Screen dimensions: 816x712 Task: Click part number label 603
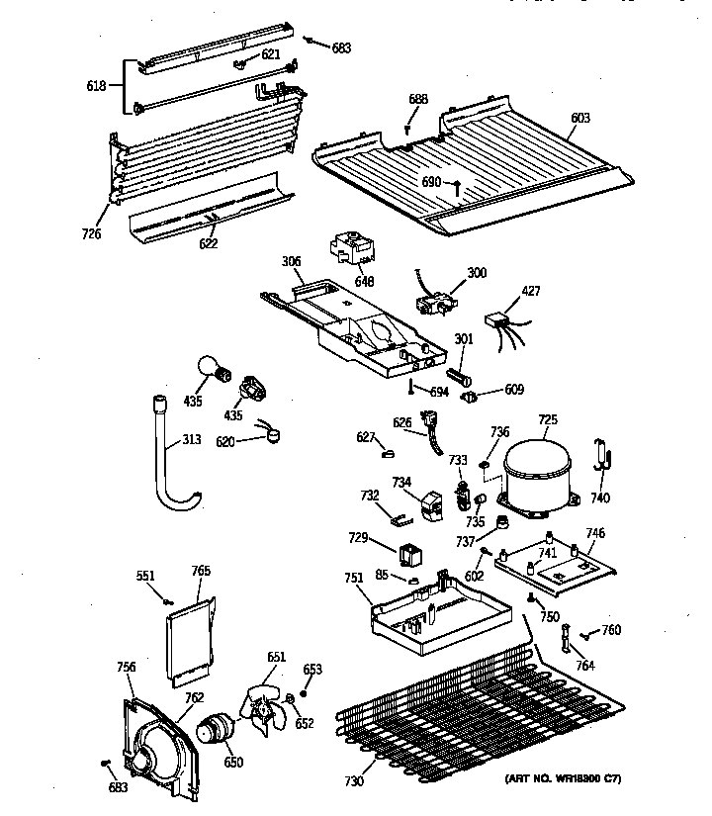580,118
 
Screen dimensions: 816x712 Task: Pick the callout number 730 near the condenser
354,781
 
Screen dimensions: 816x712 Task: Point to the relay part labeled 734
432,504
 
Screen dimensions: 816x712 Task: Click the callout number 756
126,668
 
